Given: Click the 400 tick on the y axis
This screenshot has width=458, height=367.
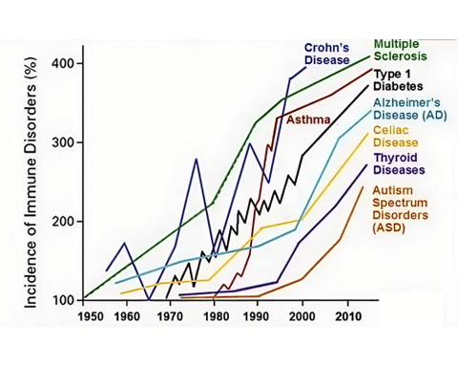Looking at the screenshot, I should (67, 63).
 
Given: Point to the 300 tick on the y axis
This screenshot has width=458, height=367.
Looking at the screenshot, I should (67, 142).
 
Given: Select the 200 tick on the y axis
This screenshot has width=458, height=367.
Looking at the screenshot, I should (67, 221).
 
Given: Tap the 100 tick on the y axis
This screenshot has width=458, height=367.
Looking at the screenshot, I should (67, 300).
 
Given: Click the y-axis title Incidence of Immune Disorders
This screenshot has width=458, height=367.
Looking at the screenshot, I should (31, 182).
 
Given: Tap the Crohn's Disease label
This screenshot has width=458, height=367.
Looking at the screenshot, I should (326, 54).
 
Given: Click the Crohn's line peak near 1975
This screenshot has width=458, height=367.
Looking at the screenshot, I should (197, 159).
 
